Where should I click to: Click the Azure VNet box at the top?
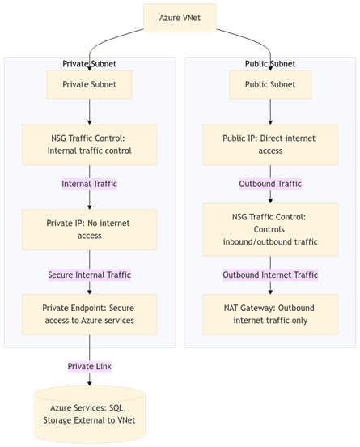180,19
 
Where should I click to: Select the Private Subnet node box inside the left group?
89,84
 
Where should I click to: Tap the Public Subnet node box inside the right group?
270,84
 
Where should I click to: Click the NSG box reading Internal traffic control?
89,143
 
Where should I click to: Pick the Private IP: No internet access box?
89,229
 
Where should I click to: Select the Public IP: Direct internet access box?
270,143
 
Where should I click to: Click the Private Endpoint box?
89,315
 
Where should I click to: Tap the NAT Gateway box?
270,315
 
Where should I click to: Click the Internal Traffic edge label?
89,184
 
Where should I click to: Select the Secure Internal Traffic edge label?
89,275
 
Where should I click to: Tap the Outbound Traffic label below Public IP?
270,184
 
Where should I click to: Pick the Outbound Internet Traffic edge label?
270,275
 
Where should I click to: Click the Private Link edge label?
89,367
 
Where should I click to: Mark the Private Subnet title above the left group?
89,64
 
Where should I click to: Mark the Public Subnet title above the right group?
270,64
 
